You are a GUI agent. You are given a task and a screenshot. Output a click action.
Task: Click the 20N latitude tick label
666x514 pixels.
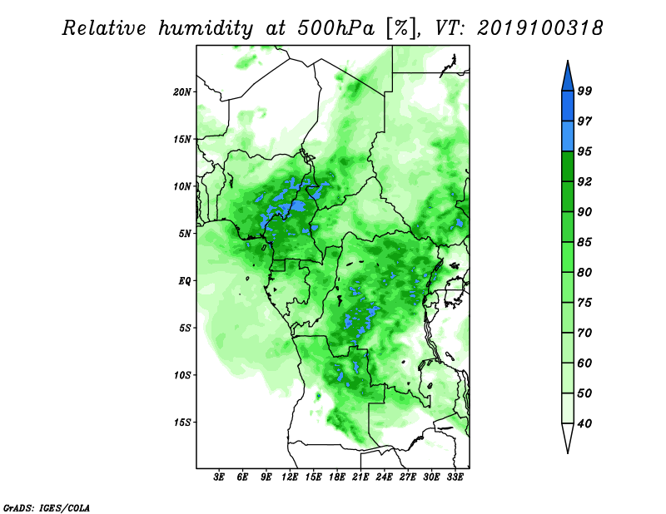[182, 91]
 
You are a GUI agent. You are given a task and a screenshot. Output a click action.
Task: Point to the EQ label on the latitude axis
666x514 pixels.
[184, 281]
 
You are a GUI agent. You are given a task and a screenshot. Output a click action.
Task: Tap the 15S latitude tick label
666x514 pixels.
[182, 423]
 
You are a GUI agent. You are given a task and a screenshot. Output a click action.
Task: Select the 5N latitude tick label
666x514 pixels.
[185, 234]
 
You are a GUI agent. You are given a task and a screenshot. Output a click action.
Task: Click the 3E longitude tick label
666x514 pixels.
[219, 477]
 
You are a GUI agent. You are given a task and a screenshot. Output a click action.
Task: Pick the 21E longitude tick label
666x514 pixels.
[360, 477]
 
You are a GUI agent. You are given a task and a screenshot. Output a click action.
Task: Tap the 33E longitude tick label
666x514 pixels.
[455, 477]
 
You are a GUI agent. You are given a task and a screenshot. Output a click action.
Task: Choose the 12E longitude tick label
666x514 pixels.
[290, 477]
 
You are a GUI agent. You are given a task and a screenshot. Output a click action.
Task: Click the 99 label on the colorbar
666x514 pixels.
[584, 91]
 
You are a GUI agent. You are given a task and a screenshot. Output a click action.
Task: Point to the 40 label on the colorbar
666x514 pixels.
[584, 423]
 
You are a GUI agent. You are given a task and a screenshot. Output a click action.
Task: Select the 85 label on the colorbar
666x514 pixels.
[584, 242]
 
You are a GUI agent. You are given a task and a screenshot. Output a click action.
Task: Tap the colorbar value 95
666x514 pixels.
[584, 151]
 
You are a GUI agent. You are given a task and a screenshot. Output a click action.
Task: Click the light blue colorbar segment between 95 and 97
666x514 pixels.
[568, 136]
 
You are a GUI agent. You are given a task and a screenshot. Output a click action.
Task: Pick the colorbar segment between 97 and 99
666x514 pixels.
[568, 106]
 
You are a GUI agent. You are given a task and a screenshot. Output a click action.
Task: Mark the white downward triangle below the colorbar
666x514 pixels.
[568, 435]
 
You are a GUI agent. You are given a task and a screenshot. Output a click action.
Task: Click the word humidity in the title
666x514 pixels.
[206, 28]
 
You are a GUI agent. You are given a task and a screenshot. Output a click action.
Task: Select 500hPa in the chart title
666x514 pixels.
[336, 28]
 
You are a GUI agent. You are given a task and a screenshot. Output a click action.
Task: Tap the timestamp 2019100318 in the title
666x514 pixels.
[539, 28]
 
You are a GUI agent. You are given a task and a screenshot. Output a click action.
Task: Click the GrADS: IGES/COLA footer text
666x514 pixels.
[47, 507]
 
